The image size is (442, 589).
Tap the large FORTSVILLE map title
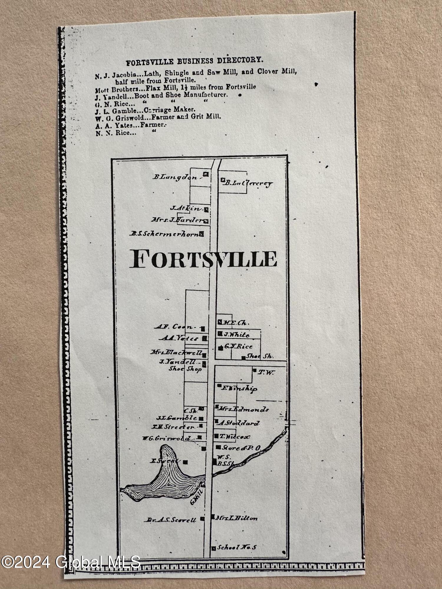tap(203, 259)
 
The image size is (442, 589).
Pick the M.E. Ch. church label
tap(236, 323)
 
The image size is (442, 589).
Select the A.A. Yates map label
tap(180, 339)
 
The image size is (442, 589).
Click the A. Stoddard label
tap(239, 423)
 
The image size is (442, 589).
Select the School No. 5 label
tap(237, 547)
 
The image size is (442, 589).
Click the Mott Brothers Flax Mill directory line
tap(175, 87)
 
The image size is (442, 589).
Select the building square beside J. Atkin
tap(207, 210)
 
